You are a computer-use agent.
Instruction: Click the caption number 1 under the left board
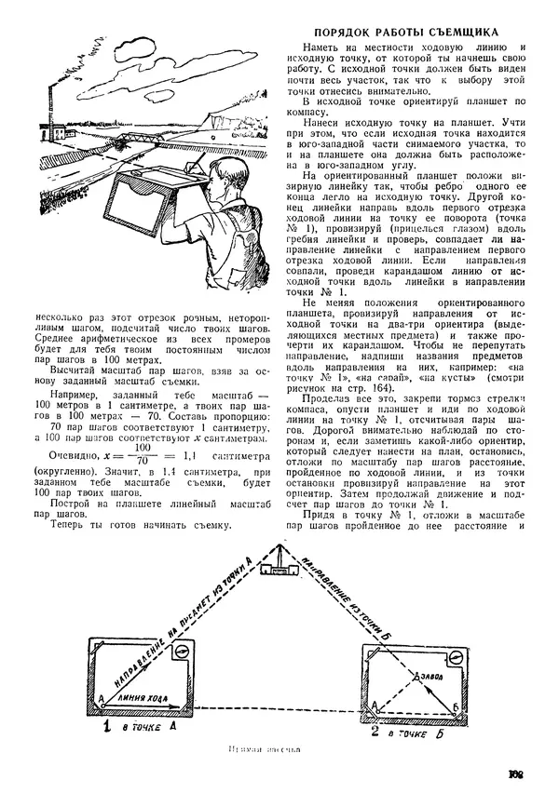point(107,725)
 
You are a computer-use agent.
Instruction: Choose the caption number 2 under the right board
point(375,733)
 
